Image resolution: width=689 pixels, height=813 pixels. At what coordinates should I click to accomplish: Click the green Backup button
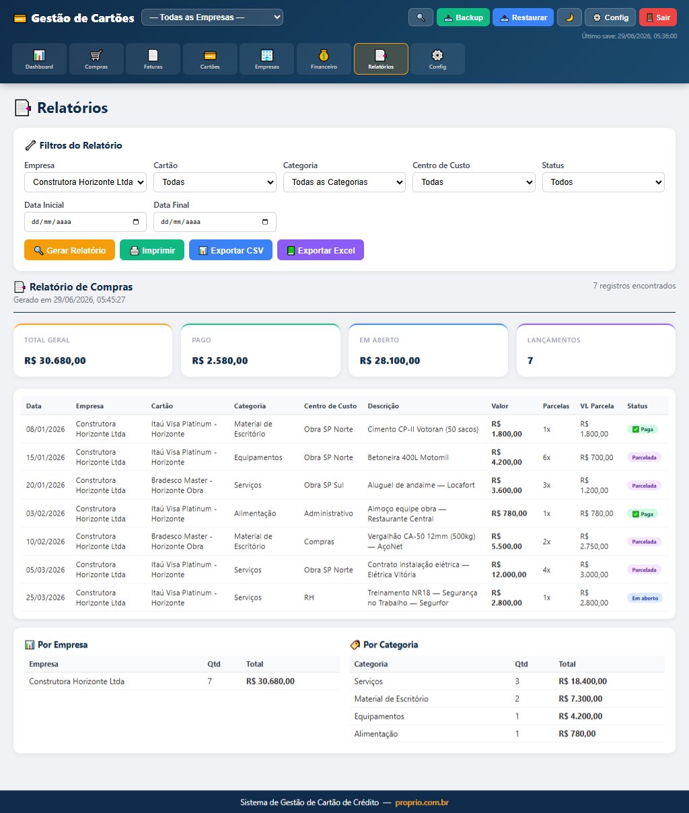pos(463,17)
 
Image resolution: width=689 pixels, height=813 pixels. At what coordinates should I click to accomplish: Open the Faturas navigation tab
pos(153,59)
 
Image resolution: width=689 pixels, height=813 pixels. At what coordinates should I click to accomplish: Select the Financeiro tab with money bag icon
pos(324,59)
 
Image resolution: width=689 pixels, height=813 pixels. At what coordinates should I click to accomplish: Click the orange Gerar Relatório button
pos(70,250)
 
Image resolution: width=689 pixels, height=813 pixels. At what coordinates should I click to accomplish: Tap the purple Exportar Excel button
pos(320,250)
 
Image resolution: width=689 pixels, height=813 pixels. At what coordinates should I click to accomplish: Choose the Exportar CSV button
pos(231,250)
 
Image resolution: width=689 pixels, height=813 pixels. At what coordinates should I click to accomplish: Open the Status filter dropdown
pos(604,182)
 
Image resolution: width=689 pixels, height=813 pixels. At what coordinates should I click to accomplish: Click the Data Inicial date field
pos(85,222)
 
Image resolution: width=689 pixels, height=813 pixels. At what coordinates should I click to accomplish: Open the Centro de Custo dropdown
pos(474,182)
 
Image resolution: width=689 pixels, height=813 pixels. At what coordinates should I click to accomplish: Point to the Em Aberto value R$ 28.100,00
pos(390,360)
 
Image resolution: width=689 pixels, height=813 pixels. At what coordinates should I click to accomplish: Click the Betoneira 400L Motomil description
pos(408,457)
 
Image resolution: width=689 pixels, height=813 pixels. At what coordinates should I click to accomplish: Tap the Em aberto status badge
pos(645,598)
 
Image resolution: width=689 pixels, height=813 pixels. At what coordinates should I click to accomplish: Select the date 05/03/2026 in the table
pos(45,570)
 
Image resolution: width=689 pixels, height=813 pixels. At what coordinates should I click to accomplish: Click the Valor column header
pos(500,406)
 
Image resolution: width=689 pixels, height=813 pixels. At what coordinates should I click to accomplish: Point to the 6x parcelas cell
pos(546,457)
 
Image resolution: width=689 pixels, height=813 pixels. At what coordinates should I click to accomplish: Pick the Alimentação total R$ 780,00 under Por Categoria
pos(577,734)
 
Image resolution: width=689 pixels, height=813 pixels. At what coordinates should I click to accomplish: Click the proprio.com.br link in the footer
pos(422,802)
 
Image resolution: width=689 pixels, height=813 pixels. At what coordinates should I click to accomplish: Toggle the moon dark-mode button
pos(569,17)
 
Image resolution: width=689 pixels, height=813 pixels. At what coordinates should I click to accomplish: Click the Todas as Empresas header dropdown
pos(212,17)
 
